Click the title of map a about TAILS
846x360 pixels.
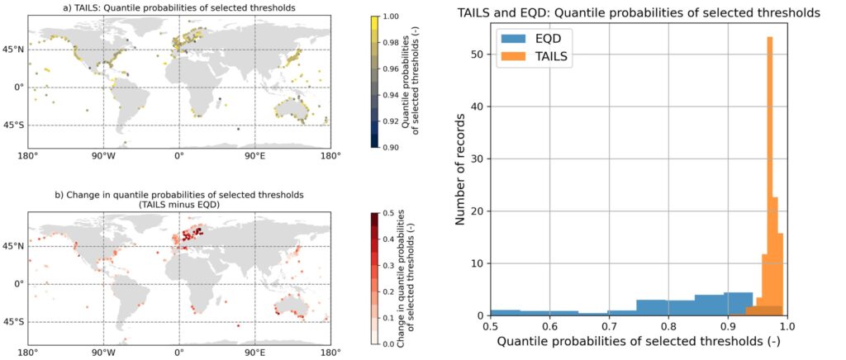pyautogui.click(x=178, y=7)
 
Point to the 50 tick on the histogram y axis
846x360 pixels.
pyautogui.click(x=477, y=54)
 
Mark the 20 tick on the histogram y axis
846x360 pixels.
pyautogui.click(x=477, y=211)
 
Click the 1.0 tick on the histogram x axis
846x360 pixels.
pyautogui.click(x=787, y=325)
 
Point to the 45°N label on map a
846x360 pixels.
pyautogui.click(x=15, y=50)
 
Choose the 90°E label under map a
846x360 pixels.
pyautogui.click(x=254, y=155)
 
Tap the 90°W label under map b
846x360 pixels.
pyautogui.click(x=102, y=352)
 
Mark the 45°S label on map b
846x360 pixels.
pyautogui.click(x=15, y=321)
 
